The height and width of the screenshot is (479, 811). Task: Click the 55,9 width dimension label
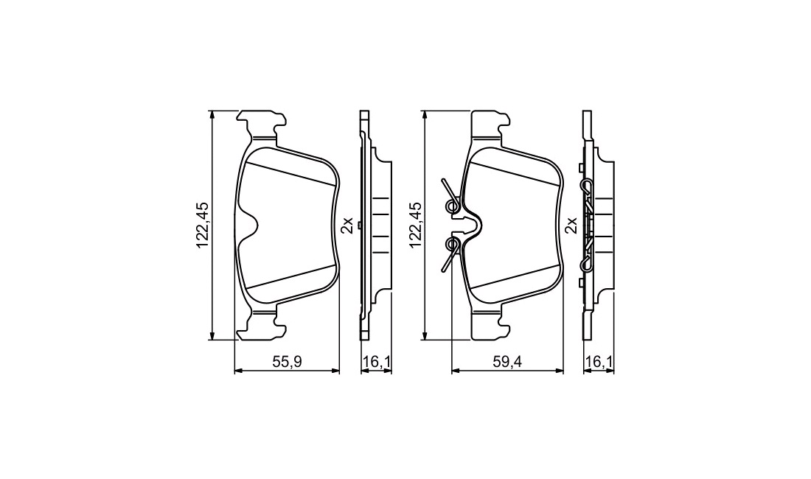287,362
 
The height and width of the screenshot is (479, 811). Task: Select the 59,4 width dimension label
507,362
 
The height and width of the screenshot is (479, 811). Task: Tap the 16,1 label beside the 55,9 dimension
376,362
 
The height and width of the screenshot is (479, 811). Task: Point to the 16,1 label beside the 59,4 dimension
599,362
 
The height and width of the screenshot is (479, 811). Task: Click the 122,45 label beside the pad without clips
202,225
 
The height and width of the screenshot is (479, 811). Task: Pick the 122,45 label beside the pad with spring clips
416,225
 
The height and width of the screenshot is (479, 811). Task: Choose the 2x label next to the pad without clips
349,225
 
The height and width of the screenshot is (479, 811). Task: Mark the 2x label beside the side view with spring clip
571,225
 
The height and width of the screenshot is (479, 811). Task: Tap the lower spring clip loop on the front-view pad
453,244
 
